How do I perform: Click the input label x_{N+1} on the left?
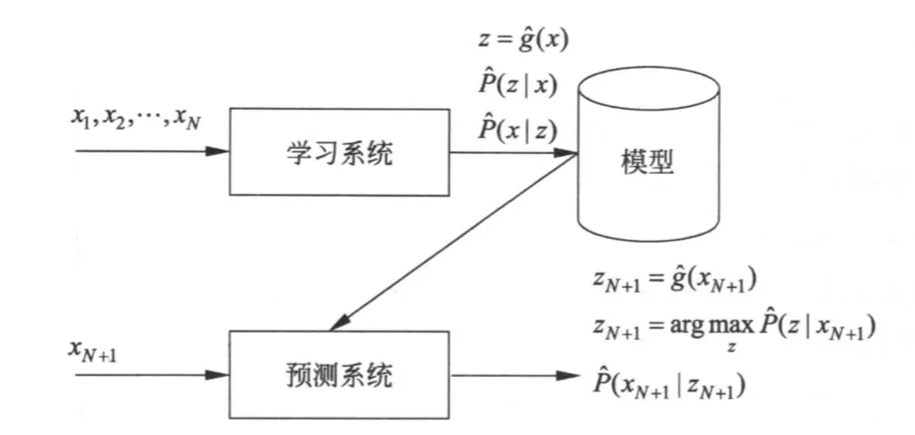101,345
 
